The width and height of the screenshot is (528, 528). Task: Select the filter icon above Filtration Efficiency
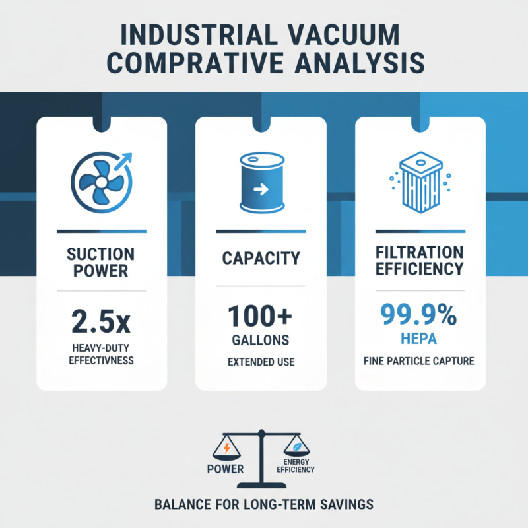420,183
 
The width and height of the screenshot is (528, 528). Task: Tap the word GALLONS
261,340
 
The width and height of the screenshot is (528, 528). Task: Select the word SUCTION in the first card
102,254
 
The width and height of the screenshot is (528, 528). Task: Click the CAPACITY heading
261,258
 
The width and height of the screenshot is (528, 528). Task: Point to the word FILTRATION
420,252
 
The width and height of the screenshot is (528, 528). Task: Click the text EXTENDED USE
261,362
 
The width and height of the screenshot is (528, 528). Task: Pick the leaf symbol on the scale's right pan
296,445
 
